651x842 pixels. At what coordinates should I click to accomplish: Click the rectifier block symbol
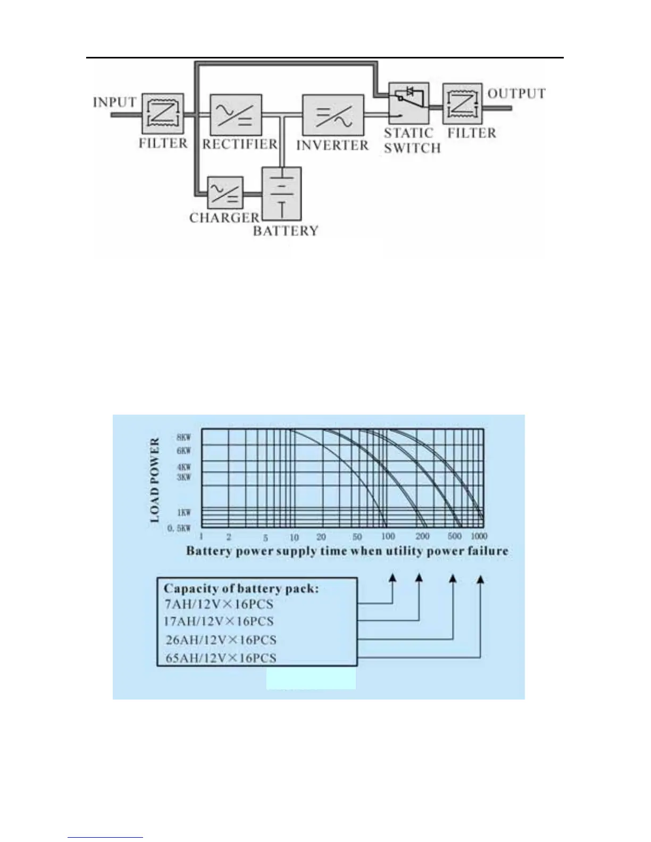tap(236, 115)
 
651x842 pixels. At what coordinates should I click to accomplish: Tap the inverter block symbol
tap(333, 115)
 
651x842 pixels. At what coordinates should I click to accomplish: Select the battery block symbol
tap(282, 194)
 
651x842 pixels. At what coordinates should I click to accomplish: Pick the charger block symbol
tap(225, 192)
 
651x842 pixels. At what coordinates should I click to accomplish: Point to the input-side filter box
tap(163, 114)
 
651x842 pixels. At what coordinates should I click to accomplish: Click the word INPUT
tap(115, 102)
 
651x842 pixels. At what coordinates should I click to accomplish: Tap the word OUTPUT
tap(516, 94)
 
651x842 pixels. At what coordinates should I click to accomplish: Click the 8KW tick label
tap(183, 437)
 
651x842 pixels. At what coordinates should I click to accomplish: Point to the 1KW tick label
tap(183, 512)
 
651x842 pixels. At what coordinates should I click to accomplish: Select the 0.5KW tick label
tap(179, 528)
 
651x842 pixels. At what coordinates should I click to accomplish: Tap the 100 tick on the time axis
tap(388, 536)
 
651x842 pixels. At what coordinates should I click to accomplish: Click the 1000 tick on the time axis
tap(479, 536)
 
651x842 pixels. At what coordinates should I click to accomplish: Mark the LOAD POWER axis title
tap(155, 480)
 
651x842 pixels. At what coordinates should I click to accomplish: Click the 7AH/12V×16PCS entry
tap(219, 604)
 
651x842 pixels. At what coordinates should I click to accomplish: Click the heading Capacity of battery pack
tap(241, 588)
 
